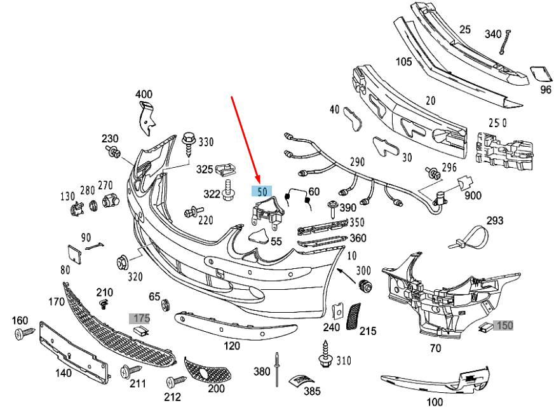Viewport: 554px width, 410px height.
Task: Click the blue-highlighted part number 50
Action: (262, 190)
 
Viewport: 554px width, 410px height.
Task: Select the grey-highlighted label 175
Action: (140, 317)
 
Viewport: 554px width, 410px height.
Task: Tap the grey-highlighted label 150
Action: (504, 325)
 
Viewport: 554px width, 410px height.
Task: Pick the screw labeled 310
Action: (325, 353)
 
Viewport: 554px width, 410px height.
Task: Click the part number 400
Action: (144, 95)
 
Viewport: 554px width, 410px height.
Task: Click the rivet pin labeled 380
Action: (278, 369)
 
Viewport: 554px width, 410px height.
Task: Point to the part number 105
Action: (404, 62)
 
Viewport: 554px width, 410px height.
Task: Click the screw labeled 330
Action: (189, 143)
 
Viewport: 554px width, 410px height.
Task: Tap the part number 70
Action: (435, 348)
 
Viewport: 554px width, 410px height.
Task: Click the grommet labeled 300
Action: (365, 285)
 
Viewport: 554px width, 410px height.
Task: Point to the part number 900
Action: (473, 196)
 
